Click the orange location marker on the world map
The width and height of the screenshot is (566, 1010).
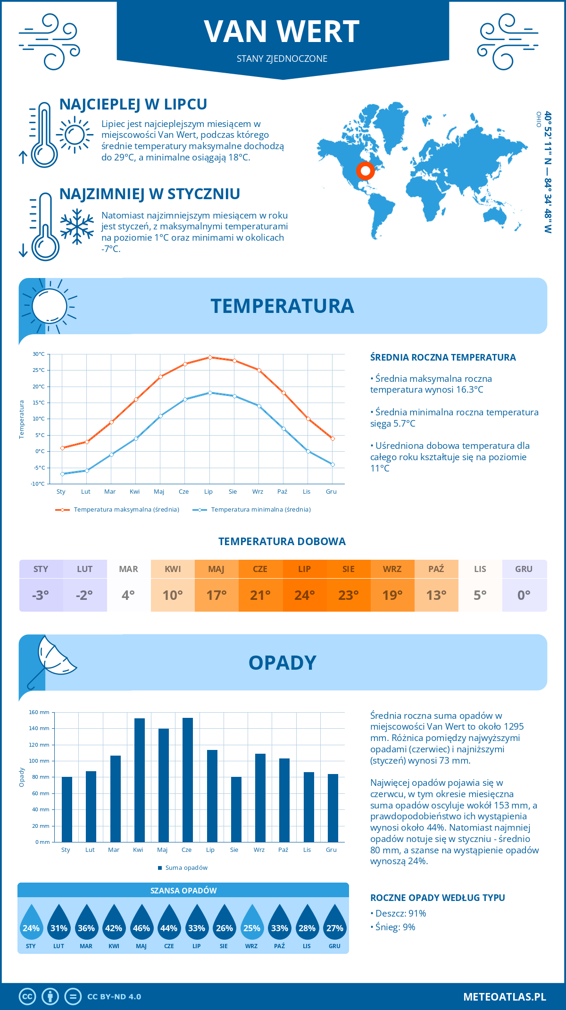point(365,170)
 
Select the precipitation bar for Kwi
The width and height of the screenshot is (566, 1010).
point(140,780)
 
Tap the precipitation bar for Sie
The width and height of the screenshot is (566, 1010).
point(236,809)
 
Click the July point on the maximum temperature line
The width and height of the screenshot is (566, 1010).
point(210,357)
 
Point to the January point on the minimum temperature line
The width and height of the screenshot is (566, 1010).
point(62,474)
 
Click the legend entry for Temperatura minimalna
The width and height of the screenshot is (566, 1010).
point(252,510)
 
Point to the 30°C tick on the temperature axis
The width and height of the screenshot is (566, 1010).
point(39,354)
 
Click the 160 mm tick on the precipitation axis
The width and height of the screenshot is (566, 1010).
point(40,712)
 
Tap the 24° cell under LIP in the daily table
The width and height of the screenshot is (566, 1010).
point(305,595)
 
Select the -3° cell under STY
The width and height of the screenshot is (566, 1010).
point(41,595)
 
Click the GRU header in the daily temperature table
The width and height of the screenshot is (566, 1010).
point(524,569)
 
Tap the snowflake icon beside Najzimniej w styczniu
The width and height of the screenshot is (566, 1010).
point(77,227)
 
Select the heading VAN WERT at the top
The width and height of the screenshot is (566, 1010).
point(282,32)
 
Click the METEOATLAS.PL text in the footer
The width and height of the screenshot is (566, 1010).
point(505,996)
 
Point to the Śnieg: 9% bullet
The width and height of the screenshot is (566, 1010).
point(393,927)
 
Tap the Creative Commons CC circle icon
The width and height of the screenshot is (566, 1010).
point(27,996)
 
